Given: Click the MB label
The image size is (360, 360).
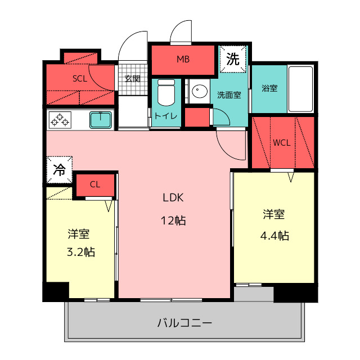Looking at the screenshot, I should tap(183, 59).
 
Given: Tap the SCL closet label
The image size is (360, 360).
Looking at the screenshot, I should tap(80, 79).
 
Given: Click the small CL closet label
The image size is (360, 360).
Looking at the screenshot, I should tap(95, 184).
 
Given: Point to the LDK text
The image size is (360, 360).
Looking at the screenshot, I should tap(174, 197).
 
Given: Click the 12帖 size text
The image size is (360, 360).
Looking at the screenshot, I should tap(174, 220).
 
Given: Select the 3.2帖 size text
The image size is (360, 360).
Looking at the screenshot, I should tap(80, 251).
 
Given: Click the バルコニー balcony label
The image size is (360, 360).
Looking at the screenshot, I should tap(184, 323).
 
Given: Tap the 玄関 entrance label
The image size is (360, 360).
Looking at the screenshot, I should tap(133, 79).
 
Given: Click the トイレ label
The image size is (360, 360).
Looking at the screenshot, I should tap(166, 116).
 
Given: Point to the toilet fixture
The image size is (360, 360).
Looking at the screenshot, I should tap(166, 92).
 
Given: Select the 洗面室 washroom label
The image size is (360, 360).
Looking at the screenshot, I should tap(229, 94).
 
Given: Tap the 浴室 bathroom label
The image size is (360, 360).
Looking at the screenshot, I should tap(269, 88).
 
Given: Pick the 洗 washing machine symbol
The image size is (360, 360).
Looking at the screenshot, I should tap(233, 58).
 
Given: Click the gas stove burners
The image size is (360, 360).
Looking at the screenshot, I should tap(60, 120).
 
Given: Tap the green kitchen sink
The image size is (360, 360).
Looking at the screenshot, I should tap(101, 119).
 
